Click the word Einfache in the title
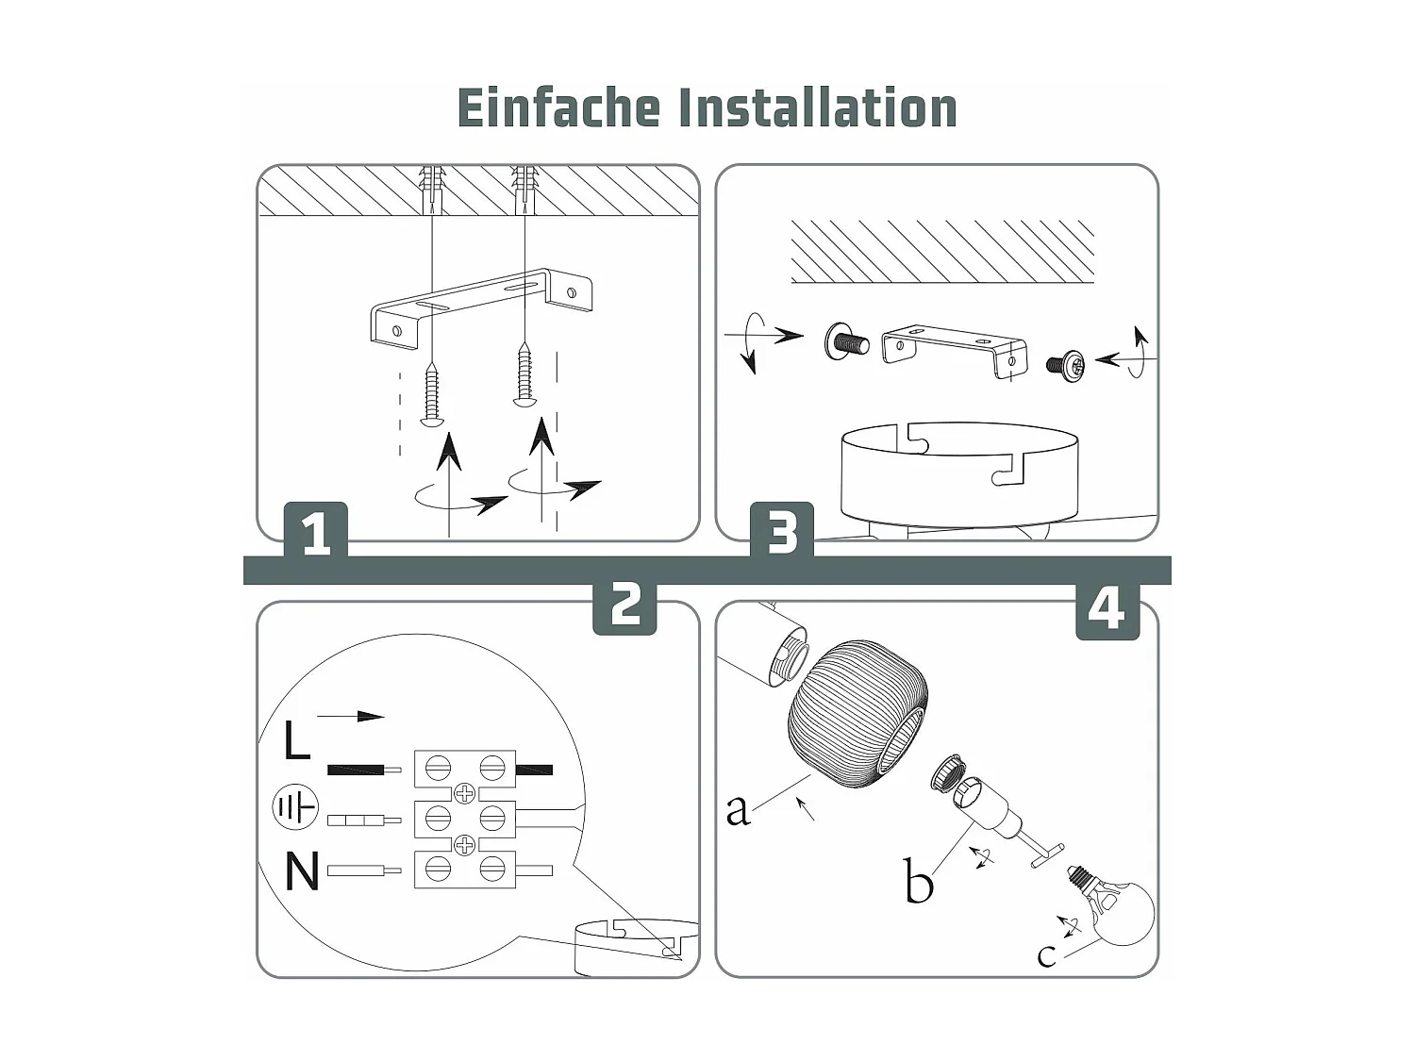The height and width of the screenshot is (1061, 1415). (558, 108)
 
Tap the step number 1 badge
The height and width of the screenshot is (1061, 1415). (316, 532)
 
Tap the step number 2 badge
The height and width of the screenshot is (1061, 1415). (624, 604)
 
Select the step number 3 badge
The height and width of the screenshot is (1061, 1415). (782, 532)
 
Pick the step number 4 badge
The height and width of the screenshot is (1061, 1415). (1107, 608)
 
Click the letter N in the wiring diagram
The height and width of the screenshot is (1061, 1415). (302, 871)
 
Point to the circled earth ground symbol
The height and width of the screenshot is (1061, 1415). (295, 808)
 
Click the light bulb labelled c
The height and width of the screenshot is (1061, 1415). (1123, 909)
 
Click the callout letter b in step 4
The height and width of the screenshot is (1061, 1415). (918, 882)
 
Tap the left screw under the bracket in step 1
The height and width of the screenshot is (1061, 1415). (432, 393)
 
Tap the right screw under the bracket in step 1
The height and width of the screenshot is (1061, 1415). (524, 376)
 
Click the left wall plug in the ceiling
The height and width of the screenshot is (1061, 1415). (431, 189)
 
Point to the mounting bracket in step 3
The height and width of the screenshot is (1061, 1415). (954, 349)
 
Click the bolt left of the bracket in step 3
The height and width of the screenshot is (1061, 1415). (845, 341)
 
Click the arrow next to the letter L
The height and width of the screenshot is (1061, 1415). (350, 717)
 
